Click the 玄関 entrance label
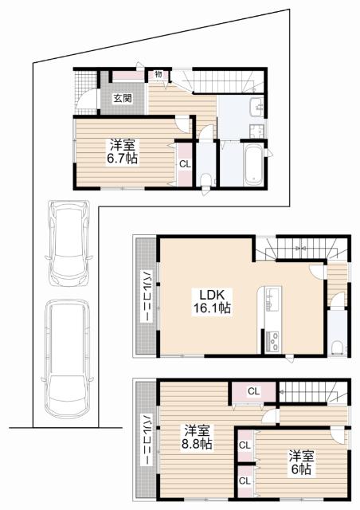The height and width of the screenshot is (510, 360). pyautogui.click(x=123, y=98)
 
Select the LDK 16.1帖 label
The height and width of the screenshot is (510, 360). pyautogui.click(x=212, y=301)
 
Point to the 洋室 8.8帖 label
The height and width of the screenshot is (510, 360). pyautogui.click(x=197, y=437)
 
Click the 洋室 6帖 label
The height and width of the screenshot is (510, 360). pyautogui.click(x=301, y=462)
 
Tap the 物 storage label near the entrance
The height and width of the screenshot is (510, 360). pyautogui.click(x=158, y=74)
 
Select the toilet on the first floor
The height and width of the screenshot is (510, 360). pyautogui.click(x=205, y=179)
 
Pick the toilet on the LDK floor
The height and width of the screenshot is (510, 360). pyautogui.click(x=337, y=347)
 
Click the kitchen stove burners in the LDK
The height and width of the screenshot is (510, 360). pyautogui.click(x=272, y=341)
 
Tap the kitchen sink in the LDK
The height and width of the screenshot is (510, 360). pyautogui.click(x=272, y=297)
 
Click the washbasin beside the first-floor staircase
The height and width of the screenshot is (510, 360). pyautogui.click(x=257, y=107)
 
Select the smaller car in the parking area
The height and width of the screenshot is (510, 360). pyautogui.click(x=68, y=243)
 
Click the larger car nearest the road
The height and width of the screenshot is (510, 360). pyautogui.click(x=68, y=359)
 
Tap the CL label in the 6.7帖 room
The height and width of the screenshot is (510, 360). pyautogui.click(x=185, y=164)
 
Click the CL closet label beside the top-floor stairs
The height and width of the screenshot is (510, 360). pyautogui.click(x=253, y=391)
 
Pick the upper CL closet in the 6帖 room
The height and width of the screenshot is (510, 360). pyautogui.click(x=245, y=445)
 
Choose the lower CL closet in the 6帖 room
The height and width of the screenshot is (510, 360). pyautogui.click(x=245, y=481)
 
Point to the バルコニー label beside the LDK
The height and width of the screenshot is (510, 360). pyautogui.click(x=146, y=296)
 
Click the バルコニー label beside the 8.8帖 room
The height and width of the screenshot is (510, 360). pyautogui.click(x=146, y=440)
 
